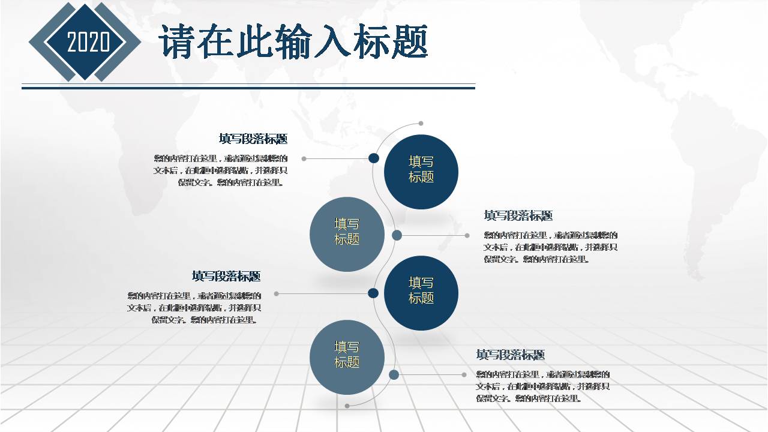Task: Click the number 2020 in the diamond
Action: coord(88,43)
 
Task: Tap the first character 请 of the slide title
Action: coord(178,42)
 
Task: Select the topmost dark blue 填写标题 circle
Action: coord(421,172)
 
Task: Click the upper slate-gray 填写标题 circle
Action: coord(347,234)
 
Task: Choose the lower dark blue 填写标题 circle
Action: coord(421,293)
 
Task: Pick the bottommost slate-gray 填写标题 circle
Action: coord(347,357)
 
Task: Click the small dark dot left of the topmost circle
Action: coord(373,158)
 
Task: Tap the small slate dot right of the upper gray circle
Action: coord(397,235)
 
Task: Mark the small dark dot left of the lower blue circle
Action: coord(373,293)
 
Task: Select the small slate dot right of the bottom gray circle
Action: coord(394,375)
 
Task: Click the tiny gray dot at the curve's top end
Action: coord(421,124)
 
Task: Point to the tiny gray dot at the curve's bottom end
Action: coord(347,406)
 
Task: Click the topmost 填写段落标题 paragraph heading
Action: coord(253,139)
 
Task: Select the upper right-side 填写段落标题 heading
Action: coord(518,216)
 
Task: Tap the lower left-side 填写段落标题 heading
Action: coord(226,277)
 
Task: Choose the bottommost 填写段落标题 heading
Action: coord(511,355)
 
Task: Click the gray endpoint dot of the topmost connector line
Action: coord(304,159)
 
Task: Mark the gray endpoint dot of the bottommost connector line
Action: coord(464,375)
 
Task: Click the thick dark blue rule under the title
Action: coord(248,88)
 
